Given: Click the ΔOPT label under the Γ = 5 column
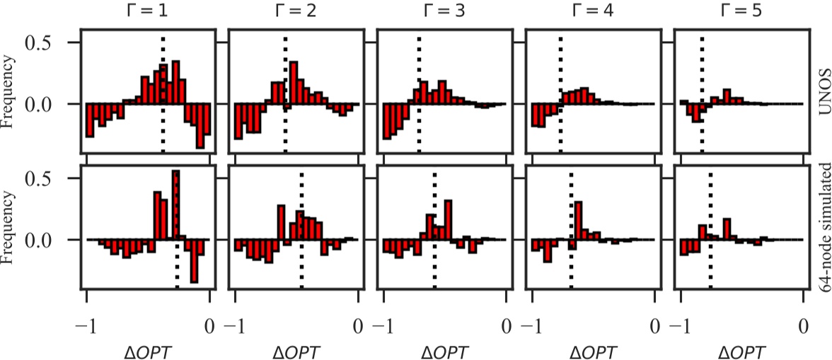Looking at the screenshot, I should coord(741,352).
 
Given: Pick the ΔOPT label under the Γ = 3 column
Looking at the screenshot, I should coord(444,352).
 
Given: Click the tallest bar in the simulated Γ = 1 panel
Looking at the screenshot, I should coord(176,205).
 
